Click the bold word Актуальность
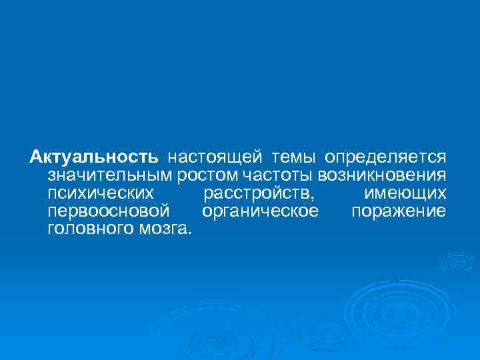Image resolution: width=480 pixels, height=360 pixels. click(x=94, y=157)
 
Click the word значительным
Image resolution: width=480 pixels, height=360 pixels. click(x=111, y=176)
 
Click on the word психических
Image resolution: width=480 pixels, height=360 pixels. click(x=101, y=194)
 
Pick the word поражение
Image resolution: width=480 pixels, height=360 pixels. click(x=398, y=212)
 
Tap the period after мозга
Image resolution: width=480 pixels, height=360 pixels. click(x=189, y=233)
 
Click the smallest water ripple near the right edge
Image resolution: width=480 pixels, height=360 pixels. click(x=457, y=261)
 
